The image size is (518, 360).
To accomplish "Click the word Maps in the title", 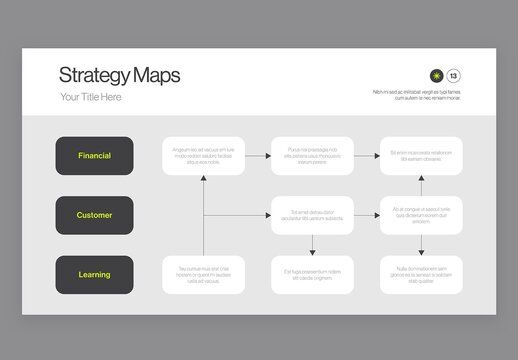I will pos(153,75).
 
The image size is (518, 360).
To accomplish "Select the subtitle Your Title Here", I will pos(91,97).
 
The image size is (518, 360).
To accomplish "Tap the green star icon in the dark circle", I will pos(436,75).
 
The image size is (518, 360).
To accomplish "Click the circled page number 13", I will pos(454,75).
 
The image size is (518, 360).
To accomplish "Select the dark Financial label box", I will pos(94,155).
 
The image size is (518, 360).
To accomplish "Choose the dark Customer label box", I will pos(94,215).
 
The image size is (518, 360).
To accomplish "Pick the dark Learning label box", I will pos(94,274).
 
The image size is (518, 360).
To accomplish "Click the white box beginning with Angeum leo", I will pos(203,156).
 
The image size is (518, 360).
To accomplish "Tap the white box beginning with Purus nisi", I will pos(312,156).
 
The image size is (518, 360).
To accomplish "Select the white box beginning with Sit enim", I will pos(421,156).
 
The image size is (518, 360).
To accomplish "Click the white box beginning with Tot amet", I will pos(312,215).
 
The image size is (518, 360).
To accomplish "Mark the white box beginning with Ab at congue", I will pos(421,215).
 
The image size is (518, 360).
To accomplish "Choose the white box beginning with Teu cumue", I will pos(203,274).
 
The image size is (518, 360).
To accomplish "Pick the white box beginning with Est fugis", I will pos(312,274).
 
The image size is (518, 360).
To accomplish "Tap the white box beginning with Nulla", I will pos(421,274).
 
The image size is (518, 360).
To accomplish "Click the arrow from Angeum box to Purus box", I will pos(258,156).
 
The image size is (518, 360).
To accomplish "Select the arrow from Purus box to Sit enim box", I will pos(367,156).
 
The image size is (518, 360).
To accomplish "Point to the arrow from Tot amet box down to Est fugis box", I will pos(312,245).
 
